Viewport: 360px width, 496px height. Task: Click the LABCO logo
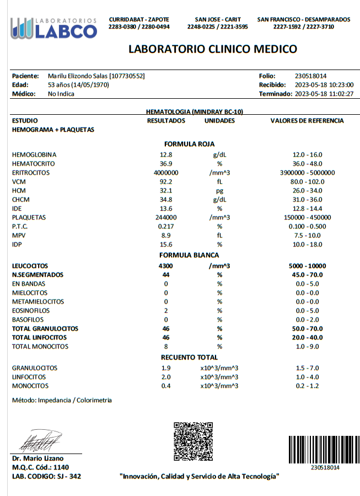[x=53, y=28]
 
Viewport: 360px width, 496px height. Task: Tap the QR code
[x=193, y=441]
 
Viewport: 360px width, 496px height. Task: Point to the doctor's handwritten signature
[x=42, y=440]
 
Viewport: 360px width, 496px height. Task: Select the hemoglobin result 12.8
[x=166, y=155]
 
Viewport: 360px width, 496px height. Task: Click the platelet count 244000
[x=166, y=217]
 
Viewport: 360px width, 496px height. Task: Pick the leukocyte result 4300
[x=166, y=266]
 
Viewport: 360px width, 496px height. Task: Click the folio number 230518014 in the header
[x=311, y=76]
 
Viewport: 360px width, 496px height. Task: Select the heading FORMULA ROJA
[x=189, y=144]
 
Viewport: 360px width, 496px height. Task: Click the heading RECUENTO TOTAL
[x=189, y=358]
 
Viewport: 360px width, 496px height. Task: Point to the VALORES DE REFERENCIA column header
[x=307, y=121]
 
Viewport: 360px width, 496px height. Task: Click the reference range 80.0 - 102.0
[x=307, y=182]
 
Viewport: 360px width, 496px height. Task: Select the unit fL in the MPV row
[x=219, y=236]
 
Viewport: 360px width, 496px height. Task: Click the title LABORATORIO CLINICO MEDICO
[x=212, y=49]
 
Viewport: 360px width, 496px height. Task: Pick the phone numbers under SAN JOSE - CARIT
[x=217, y=26]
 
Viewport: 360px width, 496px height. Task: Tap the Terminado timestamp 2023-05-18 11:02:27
[x=324, y=94]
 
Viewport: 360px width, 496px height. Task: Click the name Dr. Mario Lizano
[x=38, y=458]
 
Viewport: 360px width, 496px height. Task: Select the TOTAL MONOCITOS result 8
[x=166, y=346]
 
